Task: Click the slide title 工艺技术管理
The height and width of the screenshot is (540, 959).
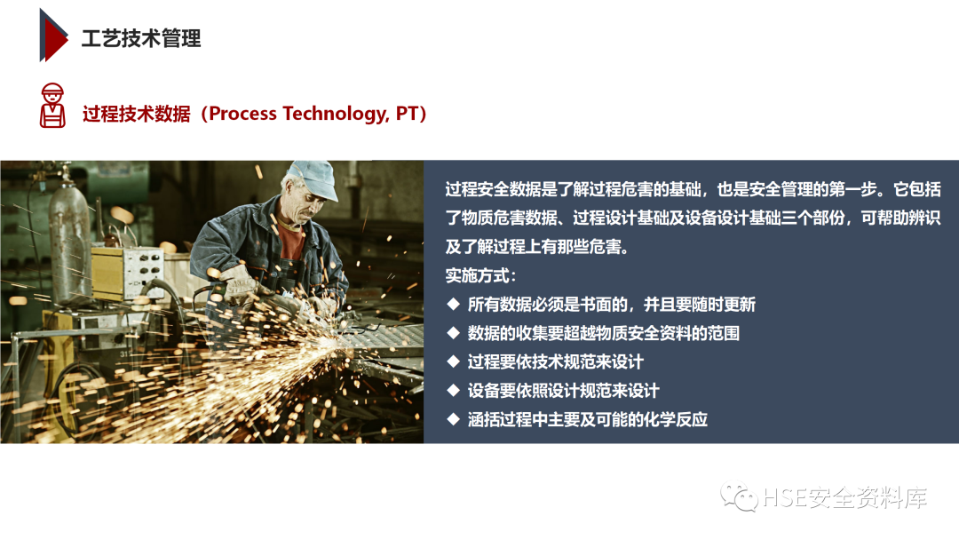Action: pos(141,38)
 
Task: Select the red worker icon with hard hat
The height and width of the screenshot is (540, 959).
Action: pos(52,105)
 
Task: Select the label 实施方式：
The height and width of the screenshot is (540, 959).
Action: pos(480,275)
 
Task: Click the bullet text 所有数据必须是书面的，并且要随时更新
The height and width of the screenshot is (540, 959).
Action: pos(611,305)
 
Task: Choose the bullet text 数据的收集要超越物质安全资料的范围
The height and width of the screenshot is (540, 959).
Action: pos(603,333)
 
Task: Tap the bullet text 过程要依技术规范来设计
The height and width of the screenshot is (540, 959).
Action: pos(555,362)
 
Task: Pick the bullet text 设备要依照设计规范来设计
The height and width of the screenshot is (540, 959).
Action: pos(563,391)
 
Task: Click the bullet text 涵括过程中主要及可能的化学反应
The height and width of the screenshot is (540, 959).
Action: pos(587,420)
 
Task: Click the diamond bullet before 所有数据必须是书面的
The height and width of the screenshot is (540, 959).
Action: pos(453,305)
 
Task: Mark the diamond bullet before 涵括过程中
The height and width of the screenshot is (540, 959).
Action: pos(453,420)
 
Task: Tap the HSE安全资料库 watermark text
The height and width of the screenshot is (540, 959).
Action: pos(844,498)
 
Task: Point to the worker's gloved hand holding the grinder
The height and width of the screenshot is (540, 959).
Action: pos(242,284)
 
